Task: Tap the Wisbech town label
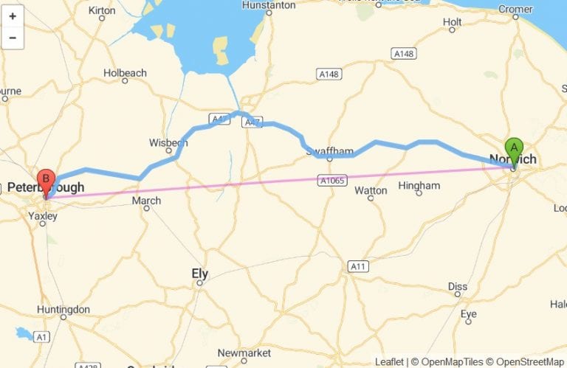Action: [x=168, y=142]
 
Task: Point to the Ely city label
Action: [x=200, y=274]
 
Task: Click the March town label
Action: [x=146, y=201]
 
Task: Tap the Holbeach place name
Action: [x=125, y=73]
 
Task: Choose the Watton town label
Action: [x=371, y=190]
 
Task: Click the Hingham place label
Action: [x=419, y=186]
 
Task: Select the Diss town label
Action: [x=458, y=286]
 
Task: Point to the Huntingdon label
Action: [x=63, y=310]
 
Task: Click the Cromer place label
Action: [x=515, y=10]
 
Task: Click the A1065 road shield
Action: [x=332, y=180]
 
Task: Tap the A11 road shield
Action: [x=358, y=265]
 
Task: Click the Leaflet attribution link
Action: [x=389, y=362]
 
